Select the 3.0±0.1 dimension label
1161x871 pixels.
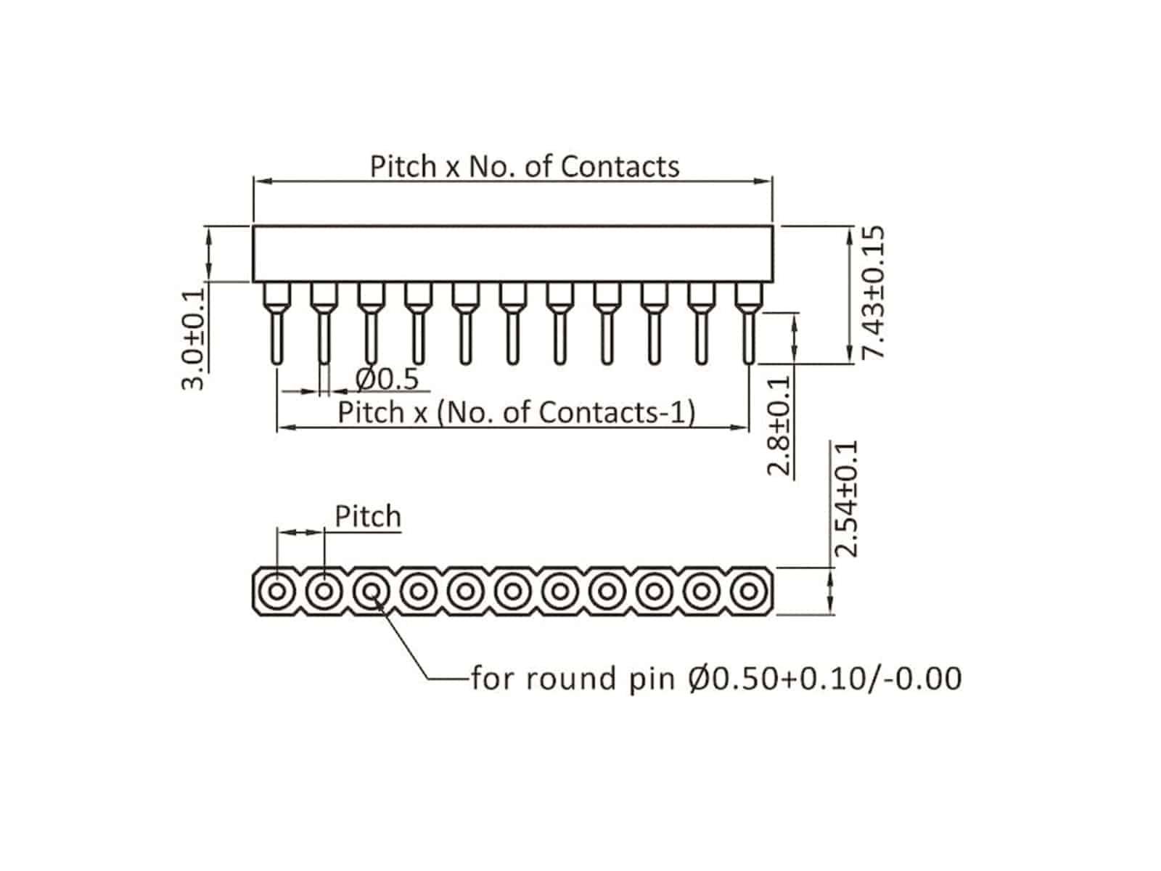pos(192,339)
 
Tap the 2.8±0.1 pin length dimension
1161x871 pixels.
pos(779,426)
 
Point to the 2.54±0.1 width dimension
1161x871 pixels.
pos(846,498)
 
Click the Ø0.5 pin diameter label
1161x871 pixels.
pos(387,379)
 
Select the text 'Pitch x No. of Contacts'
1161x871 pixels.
pos(525,166)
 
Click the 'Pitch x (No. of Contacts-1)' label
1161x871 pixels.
pos(517,412)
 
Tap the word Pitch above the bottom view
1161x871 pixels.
pos(367,517)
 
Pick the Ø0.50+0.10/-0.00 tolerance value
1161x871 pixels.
pos(824,679)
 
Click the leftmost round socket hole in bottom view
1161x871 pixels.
pos(276,591)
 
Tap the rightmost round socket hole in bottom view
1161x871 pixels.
pos(747,591)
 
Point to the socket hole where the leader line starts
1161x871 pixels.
pos(372,591)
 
